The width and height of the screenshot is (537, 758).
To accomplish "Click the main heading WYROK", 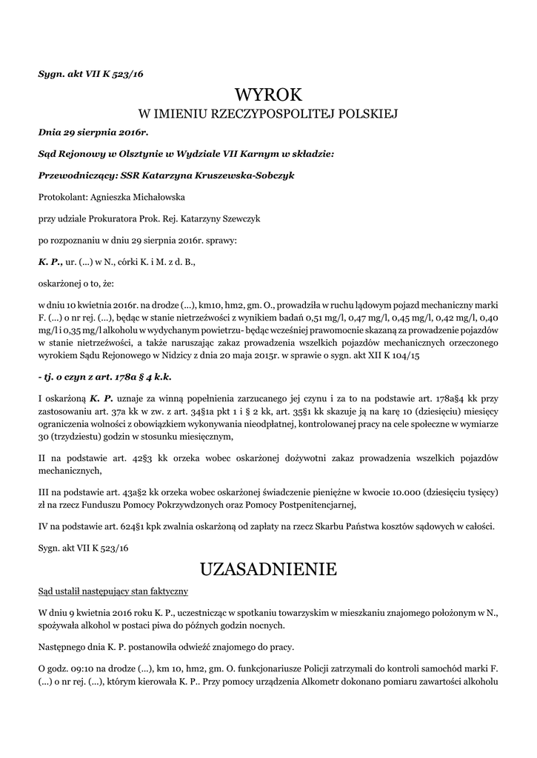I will [268, 95].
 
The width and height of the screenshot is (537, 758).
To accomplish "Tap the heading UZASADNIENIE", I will [268, 569].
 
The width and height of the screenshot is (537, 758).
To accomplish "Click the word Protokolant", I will [61, 197].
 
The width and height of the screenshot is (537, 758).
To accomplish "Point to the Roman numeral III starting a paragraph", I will [44, 492].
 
